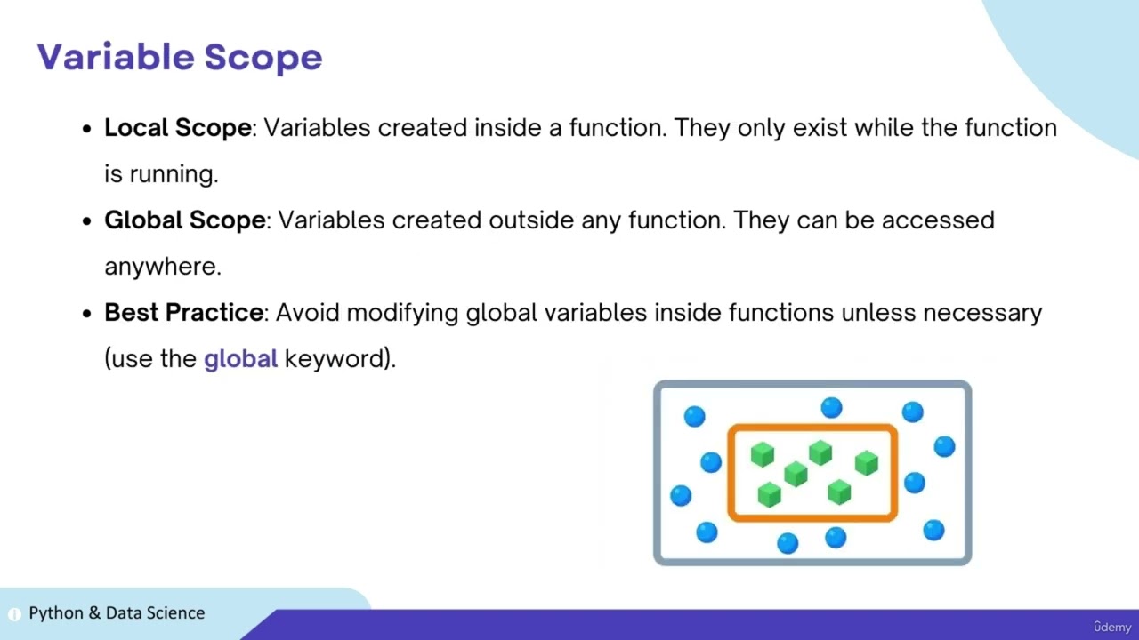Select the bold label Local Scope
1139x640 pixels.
tap(177, 128)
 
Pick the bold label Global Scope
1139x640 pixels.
tap(184, 220)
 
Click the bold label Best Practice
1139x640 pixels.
tap(183, 313)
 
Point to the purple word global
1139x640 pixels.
tap(240, 359)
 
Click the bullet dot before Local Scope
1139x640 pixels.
tap(86, 129)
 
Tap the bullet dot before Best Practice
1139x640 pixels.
tap(86, 314)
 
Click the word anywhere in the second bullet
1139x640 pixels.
tap(162, 267)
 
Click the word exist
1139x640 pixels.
tap(820, 128)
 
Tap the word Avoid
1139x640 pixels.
tap(308, 313)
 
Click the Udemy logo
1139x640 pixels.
tap(1111, 627)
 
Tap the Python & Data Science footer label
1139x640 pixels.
tap(117, 612)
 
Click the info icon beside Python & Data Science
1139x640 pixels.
tap(14, 614)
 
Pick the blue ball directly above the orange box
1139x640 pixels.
tap(831, 407)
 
